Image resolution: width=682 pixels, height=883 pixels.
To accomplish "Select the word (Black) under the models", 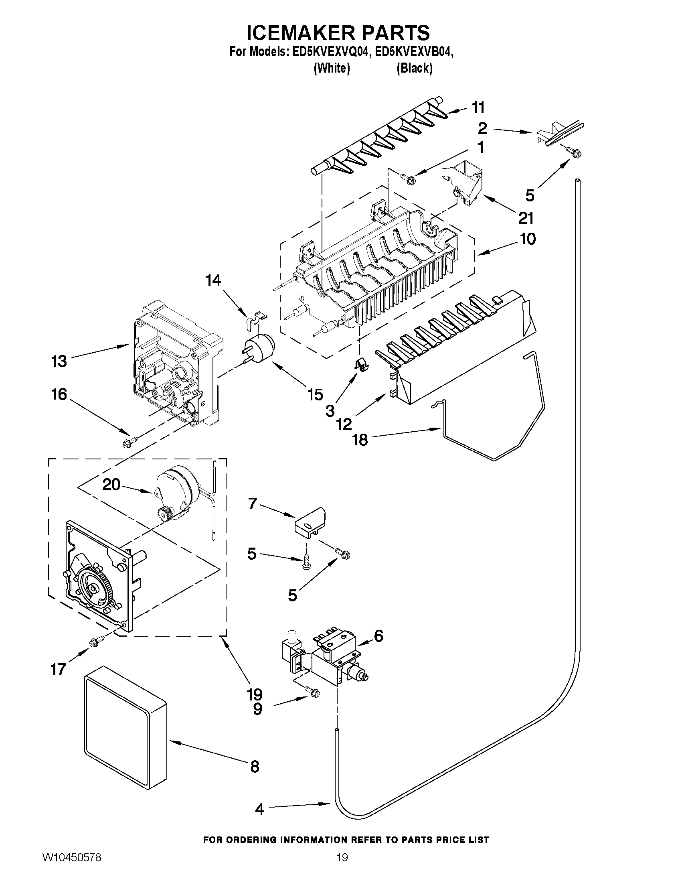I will [415, 68].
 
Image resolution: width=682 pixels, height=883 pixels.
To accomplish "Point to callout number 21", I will [526, 218].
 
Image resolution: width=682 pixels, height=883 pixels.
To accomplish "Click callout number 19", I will [255, 694].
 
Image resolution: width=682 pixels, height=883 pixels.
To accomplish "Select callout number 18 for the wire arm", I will [360, 439].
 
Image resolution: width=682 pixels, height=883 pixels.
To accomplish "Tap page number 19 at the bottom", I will [342, 866].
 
